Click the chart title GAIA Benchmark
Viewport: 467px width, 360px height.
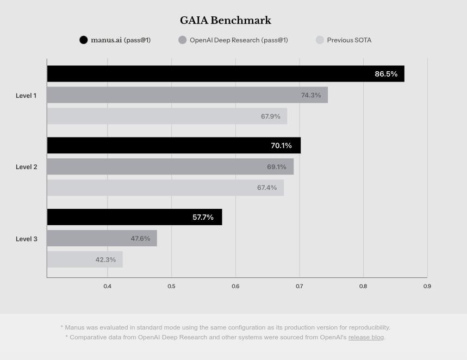[226, 21]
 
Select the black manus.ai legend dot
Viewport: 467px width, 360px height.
[83, 40]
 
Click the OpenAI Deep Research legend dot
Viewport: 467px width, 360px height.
[182, 40]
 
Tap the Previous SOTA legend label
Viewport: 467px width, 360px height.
[349, 40]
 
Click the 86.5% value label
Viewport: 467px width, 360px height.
[386, 74]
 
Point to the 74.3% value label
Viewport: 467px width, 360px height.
[311, 95]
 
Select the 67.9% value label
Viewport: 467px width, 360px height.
[271, 116]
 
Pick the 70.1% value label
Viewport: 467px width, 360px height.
[281, 146]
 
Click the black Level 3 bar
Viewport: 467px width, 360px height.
[134, 217]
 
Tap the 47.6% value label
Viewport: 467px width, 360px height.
[140, 239]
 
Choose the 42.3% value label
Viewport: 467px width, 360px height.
[105, 260]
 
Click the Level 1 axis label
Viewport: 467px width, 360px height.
[26, 96]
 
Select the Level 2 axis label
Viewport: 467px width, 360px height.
[26, 167]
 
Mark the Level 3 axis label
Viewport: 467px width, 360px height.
[26, 239]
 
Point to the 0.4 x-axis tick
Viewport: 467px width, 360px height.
[107, 286]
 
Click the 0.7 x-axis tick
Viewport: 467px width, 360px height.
[299, 286]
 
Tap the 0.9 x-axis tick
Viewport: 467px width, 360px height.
[427, 286]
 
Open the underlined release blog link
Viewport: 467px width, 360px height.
[366, 337]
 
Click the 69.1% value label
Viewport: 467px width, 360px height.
[277, 167]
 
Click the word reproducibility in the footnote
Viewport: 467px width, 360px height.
[366, 327]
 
